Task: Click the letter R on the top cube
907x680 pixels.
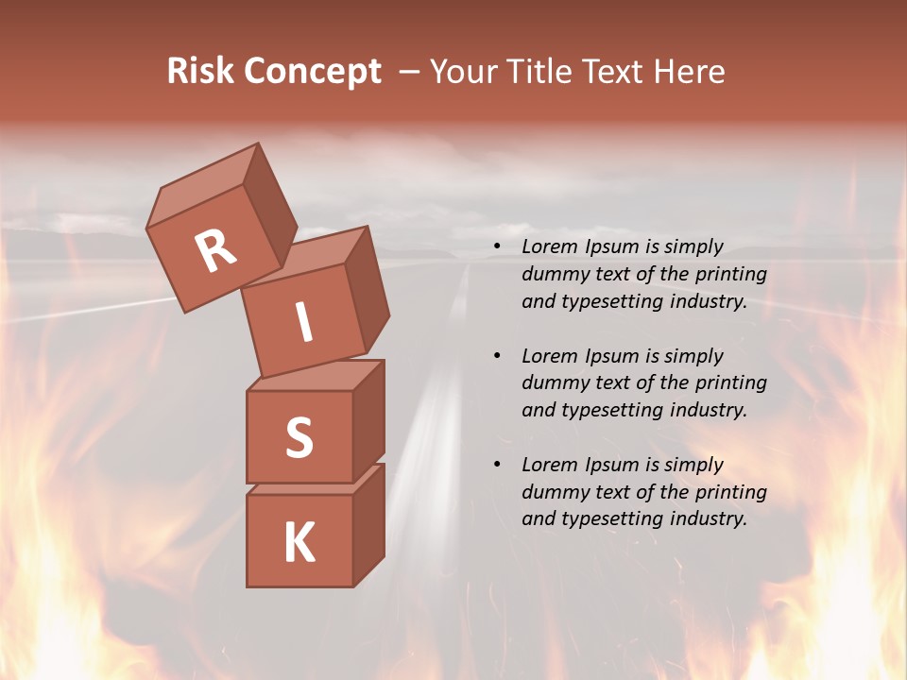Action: tap(216, 251)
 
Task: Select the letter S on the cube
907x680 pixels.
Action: tap(299, 437)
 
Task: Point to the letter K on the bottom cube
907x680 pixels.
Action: tap(299, 543)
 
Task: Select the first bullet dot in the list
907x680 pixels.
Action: tap(497, 247)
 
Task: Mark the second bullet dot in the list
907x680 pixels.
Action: tap(497, 357)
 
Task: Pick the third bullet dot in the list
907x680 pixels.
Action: tap(497, 466)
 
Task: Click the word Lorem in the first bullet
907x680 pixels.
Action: tap(549, 247)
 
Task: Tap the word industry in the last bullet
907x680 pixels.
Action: tap(699, 518)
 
